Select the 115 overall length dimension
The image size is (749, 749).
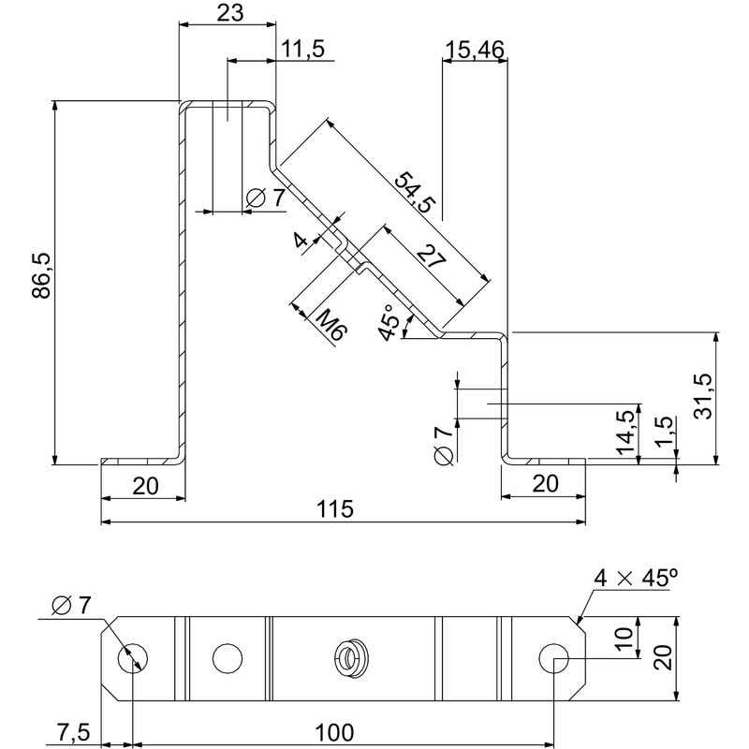coord(334,509)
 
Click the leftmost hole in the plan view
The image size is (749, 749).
coord(132,657)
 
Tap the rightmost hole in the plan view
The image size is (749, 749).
coord(554,657)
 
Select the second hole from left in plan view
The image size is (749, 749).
coord(226,657)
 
